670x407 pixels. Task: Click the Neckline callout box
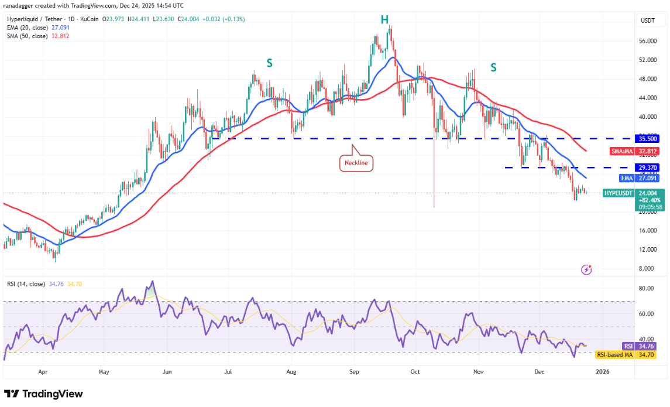tap(357, 163)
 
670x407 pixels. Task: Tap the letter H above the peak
tap(384, 20)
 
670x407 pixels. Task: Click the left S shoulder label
tap(269, 63)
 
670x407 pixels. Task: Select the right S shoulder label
tap(493, 67)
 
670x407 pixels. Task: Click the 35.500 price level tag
tap(648, 139)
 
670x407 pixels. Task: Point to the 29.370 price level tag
tap(648, 167)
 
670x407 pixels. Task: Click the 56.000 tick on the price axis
tap(648, 41)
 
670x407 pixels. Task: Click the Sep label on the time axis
tap(354, 371)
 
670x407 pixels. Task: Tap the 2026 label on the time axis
tap(602, 371)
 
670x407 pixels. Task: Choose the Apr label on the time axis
tap(42, 371)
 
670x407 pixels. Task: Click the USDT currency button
tap(648, 20)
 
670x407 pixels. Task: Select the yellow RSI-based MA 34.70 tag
tap(624, 355)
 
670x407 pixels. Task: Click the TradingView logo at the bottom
tap(43, 394)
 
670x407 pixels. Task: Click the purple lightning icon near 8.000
tap(586, 270)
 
